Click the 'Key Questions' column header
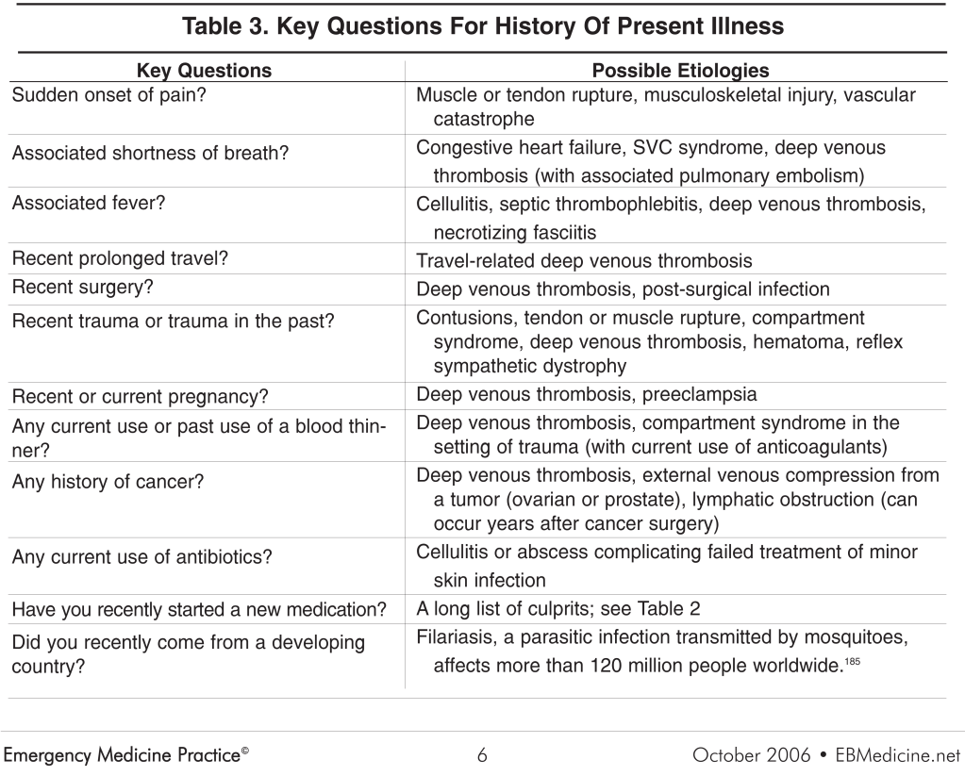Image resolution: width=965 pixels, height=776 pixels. [x=204, y=71]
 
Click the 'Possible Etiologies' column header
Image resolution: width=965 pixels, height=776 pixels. [x=680, y=71]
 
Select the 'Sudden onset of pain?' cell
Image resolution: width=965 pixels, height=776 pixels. [x=108, y=95]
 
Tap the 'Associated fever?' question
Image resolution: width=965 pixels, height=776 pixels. [x=89, y=203]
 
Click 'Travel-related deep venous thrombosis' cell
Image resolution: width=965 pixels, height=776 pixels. [x=584, y=261]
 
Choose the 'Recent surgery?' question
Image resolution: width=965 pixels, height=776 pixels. [x=83, y=288]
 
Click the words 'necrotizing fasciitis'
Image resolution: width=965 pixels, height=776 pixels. [x=515, y=232]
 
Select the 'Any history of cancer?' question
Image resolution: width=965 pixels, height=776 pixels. [x=108, y=482]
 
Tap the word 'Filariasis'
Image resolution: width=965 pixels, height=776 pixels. [x=456, y=638]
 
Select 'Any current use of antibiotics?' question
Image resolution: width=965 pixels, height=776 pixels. [x=142, y=557]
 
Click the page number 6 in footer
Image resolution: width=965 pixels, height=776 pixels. [x=482, y=754]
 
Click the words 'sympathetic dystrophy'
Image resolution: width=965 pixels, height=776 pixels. [x=530, y=365]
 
